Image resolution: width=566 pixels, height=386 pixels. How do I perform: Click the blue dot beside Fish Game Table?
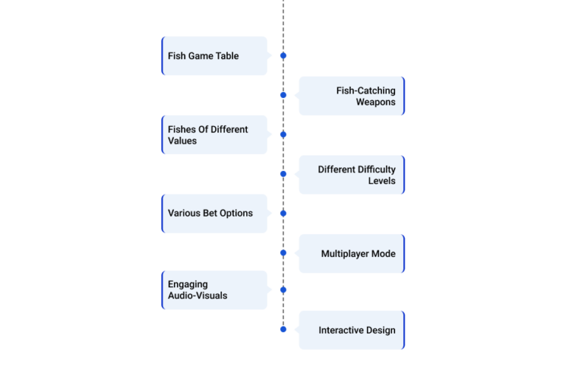[x=283, y=55]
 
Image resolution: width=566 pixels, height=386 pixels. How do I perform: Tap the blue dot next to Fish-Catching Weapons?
[x=283, y=95]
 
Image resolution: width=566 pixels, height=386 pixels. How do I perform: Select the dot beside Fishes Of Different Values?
[x=283, y=135]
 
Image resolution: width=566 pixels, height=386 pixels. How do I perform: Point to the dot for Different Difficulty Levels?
[x=283, y=174]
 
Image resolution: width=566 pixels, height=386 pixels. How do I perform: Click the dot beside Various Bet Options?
[x=283, y=213]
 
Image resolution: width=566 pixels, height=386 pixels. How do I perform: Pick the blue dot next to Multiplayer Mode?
[x=283, y=253]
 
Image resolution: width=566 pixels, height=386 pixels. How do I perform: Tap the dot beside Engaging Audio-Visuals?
[x=283, y=289]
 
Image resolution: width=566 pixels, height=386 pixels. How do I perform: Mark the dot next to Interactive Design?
[x=283, y=329]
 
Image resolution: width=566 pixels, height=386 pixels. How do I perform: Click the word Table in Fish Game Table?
[x=228, y=56]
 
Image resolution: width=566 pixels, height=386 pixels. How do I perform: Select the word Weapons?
[x=376, y=102]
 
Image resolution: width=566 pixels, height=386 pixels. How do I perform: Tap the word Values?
[x=182, y=141]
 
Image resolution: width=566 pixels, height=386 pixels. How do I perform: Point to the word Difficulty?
[x=377, y=169]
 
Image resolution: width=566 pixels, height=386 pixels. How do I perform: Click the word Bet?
[x=210, y=213]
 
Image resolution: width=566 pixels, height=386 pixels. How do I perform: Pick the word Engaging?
[x=188, y=284]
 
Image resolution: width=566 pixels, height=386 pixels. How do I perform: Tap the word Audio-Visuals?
[x=198, y=296]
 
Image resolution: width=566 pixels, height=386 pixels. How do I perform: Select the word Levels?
[x=382, y=180]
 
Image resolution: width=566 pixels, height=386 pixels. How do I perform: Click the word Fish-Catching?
[x=366, y=91]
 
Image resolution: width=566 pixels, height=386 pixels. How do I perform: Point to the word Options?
[x=236, y=214]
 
